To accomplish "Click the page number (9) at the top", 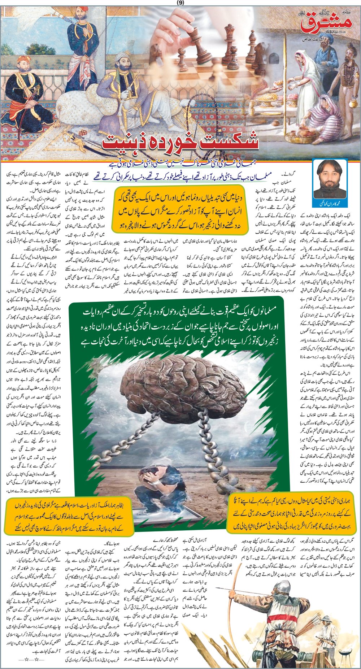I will pyautogui.click(x=180, y=3).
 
